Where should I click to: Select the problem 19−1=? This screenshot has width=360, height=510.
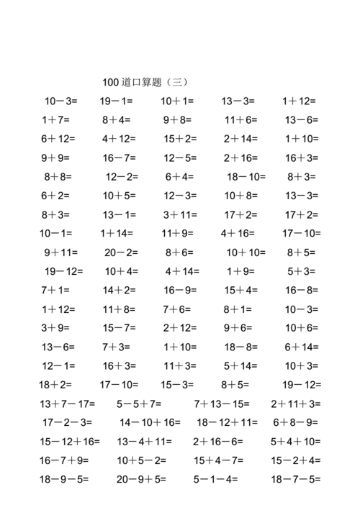[x=116, y=101]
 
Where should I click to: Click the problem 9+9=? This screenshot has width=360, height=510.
[x=55, y=158]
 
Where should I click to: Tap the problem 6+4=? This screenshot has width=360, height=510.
[x=179, y=176]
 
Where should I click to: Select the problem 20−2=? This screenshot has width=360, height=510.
[x=122, y=252]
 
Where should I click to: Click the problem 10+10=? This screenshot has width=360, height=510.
[x=246, y=252]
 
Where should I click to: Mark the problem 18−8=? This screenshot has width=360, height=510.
[x=240, y=347]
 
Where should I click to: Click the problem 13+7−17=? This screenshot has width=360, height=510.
[x=68, y=404]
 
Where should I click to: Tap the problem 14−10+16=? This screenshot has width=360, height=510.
[x=150, y=422]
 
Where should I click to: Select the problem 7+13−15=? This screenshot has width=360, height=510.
[x=222, y=404]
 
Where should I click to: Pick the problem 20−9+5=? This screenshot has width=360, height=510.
[x=141, y=479]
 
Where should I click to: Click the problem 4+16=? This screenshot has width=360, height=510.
[x=238, y=233]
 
